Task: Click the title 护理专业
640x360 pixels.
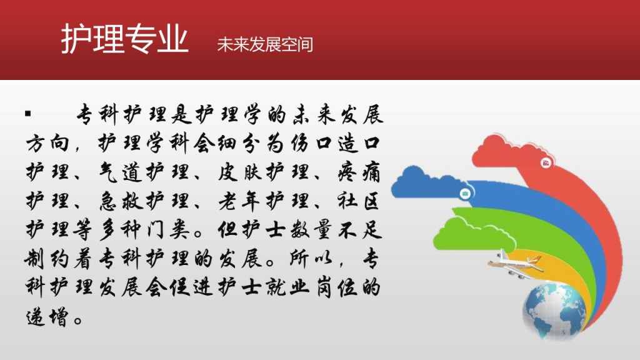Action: [x=124, y=38]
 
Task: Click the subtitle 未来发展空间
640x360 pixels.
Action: [x=265, y=44]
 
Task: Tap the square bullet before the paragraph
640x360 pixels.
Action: [x=27, y=114]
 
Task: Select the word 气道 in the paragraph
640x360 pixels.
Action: [x=121, y=172]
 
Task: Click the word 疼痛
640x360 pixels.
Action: [x=359, y=172]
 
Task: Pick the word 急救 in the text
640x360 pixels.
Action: [x=121, y=201]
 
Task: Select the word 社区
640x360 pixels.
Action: [x=359, y=201]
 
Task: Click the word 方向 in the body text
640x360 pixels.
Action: [x=47, y=144]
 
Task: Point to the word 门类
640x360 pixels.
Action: [x=168, y=230]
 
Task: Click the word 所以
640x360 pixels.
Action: [x=311, y=259]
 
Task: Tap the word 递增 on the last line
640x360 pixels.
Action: [x=47, y=316]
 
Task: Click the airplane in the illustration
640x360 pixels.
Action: [x=516, y=264]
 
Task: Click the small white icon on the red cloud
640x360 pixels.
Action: [x=546, y=163]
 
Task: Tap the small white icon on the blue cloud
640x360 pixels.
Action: [x=465, y=193]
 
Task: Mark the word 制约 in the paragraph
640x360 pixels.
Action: [x=47, y=259]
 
